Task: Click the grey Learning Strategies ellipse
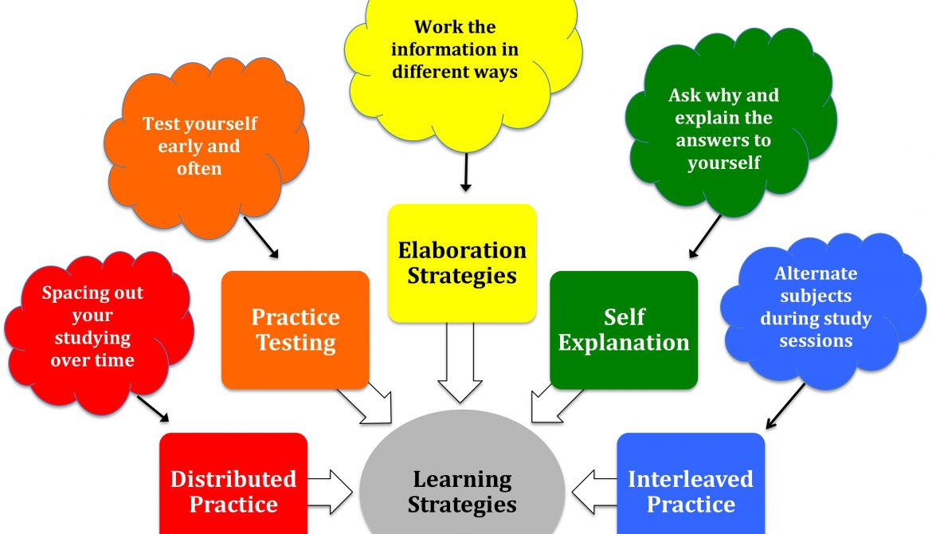[x=462, y=478]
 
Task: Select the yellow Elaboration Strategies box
[x=462, y=263]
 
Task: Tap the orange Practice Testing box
[x=295, y=330]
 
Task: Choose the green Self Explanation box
[x=624, y=330]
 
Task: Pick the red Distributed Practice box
[x=233, y=486]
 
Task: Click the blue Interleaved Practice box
[x=691, y=486]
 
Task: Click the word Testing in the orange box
[x=295, y=344]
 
